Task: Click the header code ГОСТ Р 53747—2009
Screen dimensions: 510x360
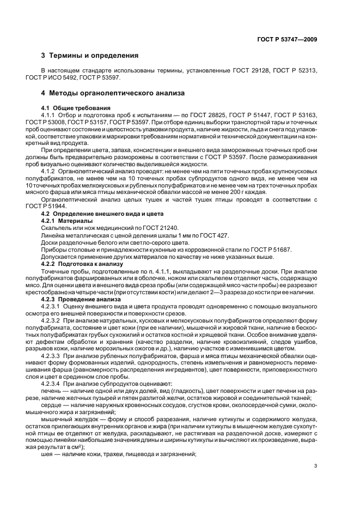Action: [x=286, y=39]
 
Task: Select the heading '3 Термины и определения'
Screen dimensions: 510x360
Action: [x=90, y=56]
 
